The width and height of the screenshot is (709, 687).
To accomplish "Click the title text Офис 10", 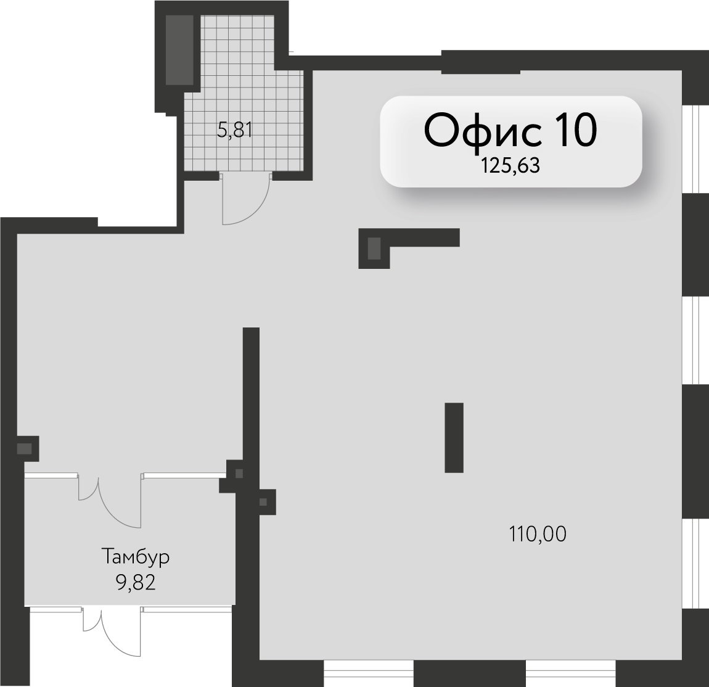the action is pyautogui.click(x=510, y=130).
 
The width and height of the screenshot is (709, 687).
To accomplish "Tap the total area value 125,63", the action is pyautogui.click(x=510, y=167).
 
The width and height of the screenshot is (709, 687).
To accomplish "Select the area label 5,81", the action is pyautogui.click(x=235, y=131).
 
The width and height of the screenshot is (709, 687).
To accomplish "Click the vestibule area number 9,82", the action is pyautogui.click(x=136, y=583).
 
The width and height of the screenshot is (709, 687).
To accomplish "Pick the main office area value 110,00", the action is pyautogui.click(x=538, y=534).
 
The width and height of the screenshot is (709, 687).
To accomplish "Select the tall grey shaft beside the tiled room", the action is pyautogui.click(x=179, y=50).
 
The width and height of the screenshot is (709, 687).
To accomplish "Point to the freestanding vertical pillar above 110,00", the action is pyautogui.click(x=454, y=437).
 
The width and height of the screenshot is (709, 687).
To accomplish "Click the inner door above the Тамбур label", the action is pyautogui.click(x=110, y=500).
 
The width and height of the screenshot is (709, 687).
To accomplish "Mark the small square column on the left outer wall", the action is pyautogui.click(x=28, y=449).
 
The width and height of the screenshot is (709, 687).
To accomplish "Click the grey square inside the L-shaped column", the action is pyautogui.click(x=374, y=249).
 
